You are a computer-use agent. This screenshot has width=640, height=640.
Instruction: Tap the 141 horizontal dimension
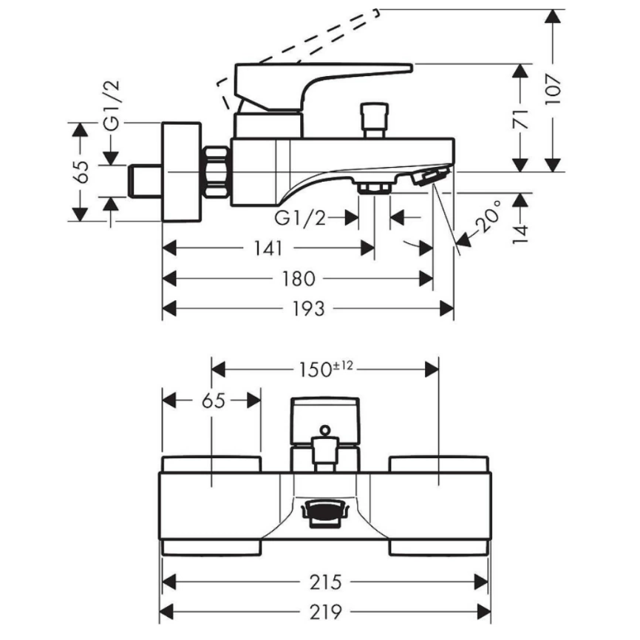pos(267,249)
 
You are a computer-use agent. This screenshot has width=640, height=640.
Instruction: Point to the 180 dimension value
pos(299,279)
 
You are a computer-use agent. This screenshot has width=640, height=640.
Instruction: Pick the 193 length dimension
pos(308,308)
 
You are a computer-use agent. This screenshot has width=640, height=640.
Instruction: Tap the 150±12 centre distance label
pos(325,367)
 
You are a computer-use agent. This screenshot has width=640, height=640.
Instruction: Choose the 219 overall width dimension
pos(325,611)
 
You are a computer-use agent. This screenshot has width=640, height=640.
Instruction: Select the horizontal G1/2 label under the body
pos(299,218)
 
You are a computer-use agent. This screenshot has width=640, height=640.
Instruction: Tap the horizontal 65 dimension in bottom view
pos(212,401)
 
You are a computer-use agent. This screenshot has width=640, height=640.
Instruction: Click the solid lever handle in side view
pos(318,81)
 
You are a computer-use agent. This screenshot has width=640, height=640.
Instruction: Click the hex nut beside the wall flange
pos(216,171)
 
